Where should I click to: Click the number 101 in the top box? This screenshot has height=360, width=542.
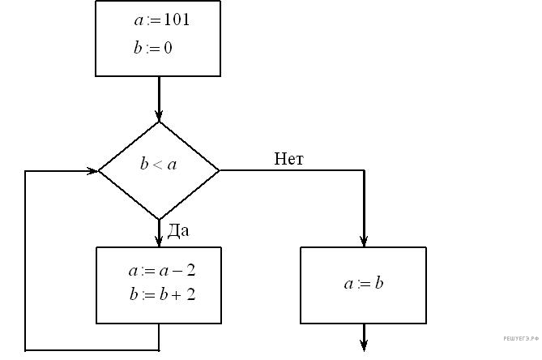(x=176, y=20)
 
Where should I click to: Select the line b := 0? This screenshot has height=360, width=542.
(x=153, y=48)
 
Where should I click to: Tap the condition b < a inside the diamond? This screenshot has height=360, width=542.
(x=158, y=165)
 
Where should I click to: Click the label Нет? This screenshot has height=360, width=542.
(x=288, y=159)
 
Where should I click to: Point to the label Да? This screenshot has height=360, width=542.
(x=178, y=231)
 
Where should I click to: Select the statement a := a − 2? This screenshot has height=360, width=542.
(x=162, y=271)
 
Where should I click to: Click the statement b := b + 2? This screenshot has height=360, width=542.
(x=162, y=294)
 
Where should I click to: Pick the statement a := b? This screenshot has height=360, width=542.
(x=363, y=284)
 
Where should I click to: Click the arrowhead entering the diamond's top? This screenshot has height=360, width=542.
(x=159, y=115)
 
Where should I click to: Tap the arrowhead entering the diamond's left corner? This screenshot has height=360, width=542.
(x=92, y=171)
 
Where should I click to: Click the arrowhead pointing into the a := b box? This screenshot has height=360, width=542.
(x=364, y=241)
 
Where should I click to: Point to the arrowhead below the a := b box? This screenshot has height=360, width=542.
(x=364, y=346)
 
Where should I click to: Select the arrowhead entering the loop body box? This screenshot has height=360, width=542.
(x=159, y=241)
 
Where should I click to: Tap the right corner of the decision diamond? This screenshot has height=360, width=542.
(x=219, y=171)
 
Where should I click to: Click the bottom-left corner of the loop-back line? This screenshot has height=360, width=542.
(x=26, y=350)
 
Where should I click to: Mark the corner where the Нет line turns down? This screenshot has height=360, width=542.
(x=364, y=171)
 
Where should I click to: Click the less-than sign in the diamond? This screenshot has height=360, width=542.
(x=158, y=165)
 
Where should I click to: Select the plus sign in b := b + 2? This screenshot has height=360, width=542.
(x=172, y=294)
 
